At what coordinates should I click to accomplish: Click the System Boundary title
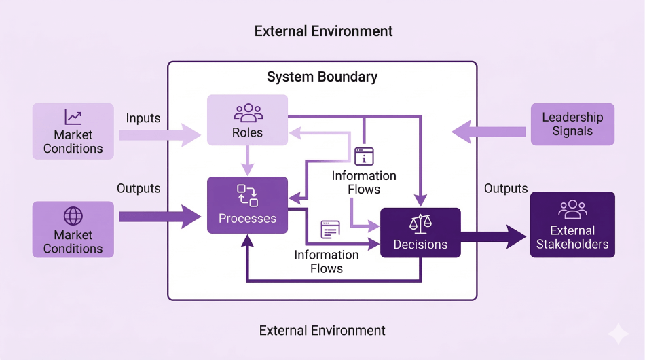(322, 76)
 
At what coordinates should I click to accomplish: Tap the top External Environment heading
(323, 31)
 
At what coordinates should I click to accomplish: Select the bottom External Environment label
(322, 331)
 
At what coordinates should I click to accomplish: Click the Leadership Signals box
(572, 124)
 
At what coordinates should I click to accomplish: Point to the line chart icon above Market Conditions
(73, 117)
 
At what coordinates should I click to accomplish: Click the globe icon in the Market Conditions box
(73, 216)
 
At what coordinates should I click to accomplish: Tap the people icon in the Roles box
(248, 112)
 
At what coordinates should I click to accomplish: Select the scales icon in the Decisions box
(420, 224)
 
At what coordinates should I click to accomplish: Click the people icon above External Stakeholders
(572, 209)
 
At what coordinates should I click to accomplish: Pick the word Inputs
(143, 118)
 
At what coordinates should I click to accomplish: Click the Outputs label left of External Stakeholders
(506, 188)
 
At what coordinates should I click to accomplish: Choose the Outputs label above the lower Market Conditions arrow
(139, 188)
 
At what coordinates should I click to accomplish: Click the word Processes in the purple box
(247, 219)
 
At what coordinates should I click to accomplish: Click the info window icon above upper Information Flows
(364, 156)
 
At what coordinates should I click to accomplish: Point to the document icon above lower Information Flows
(330, 230)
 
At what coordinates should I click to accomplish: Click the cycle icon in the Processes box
(247, 195)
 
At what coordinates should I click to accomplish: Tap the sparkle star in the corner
(619, 334)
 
